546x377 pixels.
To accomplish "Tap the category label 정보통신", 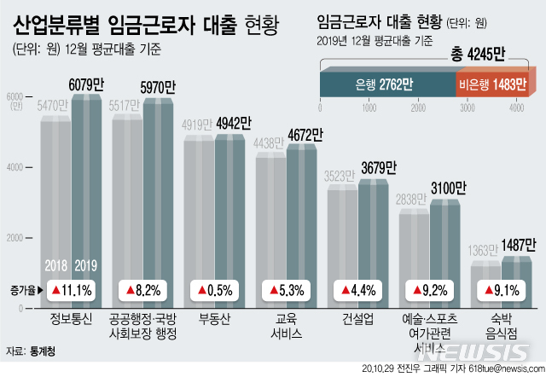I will [73, 319].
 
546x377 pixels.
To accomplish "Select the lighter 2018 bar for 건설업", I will [342, 230].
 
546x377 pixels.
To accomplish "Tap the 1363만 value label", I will [484, 251].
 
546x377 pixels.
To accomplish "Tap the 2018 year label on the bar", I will [57, 263].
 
